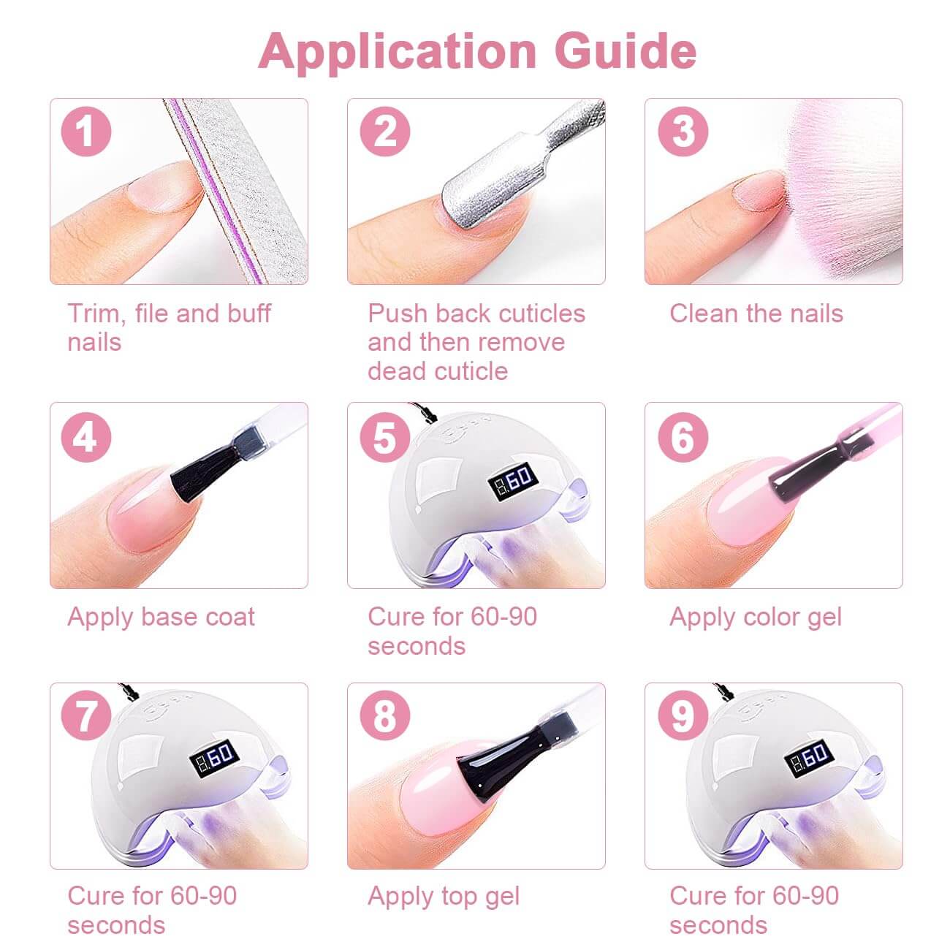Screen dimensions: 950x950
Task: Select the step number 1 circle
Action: [x=86, y=132]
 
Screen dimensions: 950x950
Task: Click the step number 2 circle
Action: [x=384, y=132]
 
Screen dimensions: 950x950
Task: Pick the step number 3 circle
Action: [x=683, y=132]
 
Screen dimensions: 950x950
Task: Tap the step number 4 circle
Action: [x=86, y=437]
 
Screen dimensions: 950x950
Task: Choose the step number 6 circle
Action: [x=683, y=437]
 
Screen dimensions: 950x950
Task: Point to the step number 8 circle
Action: [x=384, y=715]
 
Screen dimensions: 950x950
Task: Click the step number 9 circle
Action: [x=683, y=715]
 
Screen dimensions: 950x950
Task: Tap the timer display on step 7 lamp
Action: [x=214, y=756]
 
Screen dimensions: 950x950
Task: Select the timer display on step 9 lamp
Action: [x=810, y=756]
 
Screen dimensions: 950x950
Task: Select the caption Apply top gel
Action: [x=444, y=896]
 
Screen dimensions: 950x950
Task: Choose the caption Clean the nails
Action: [x=756, y=313]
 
